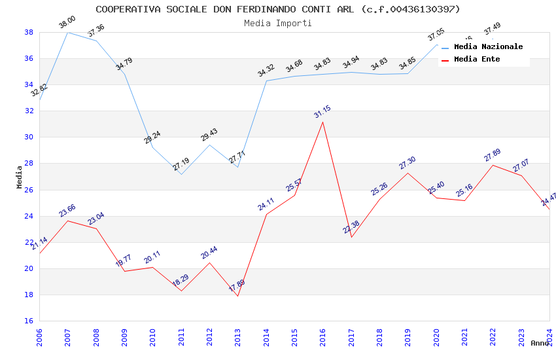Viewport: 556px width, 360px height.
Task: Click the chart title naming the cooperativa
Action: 278,9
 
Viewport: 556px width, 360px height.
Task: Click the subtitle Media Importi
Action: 278,23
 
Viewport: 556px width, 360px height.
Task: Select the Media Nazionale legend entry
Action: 488,47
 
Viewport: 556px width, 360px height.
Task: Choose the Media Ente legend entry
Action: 477,60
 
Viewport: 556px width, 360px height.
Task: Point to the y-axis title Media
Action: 20,177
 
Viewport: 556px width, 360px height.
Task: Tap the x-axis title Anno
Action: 540,343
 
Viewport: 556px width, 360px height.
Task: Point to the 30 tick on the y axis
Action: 29,137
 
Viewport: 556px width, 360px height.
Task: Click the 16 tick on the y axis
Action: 29,321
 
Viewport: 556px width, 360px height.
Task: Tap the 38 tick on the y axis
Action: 29,32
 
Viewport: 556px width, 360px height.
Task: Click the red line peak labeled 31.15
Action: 322,122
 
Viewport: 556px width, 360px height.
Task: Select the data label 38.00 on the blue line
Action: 67,22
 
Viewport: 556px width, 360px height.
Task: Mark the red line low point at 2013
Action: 237,296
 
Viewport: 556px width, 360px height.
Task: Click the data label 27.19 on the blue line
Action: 181,164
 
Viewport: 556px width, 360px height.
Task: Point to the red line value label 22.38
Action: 351,227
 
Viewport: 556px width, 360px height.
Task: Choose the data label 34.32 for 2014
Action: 266,71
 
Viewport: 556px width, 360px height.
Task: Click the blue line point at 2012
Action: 209,145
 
